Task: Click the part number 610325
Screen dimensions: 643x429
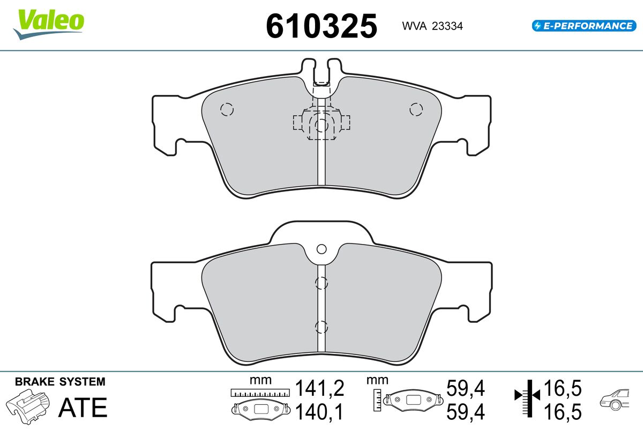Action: pos(322,26)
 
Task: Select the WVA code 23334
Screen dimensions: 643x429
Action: pos(447,26)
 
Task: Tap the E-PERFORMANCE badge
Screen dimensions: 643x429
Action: pos(584,26)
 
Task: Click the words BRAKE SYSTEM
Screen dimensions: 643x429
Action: pos(60,382)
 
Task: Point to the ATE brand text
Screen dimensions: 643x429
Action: pos(83,408)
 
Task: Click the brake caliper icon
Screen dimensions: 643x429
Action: pos(28,406)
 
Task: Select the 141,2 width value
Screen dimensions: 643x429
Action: pos(319,388)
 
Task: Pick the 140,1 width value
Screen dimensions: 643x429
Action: pos(319,412)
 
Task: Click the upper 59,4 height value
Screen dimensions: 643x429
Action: pos(466,388)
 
